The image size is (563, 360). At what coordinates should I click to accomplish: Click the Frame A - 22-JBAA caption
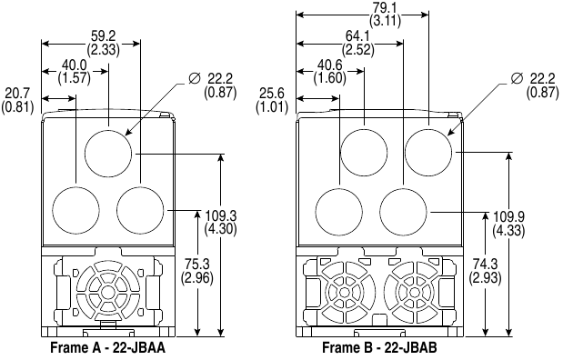107,348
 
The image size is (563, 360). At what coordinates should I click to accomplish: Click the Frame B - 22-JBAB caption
379,348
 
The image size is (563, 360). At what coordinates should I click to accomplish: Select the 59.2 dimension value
104,35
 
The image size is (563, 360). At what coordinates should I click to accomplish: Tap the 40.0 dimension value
75,65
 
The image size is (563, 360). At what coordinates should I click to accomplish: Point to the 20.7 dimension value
18,94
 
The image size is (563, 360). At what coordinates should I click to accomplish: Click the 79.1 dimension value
386,8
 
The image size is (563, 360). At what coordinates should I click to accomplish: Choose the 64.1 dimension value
358,35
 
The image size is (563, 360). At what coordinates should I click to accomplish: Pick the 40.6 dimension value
330,65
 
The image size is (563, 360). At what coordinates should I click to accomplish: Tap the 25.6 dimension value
272,94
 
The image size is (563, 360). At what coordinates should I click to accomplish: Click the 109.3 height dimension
221,216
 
